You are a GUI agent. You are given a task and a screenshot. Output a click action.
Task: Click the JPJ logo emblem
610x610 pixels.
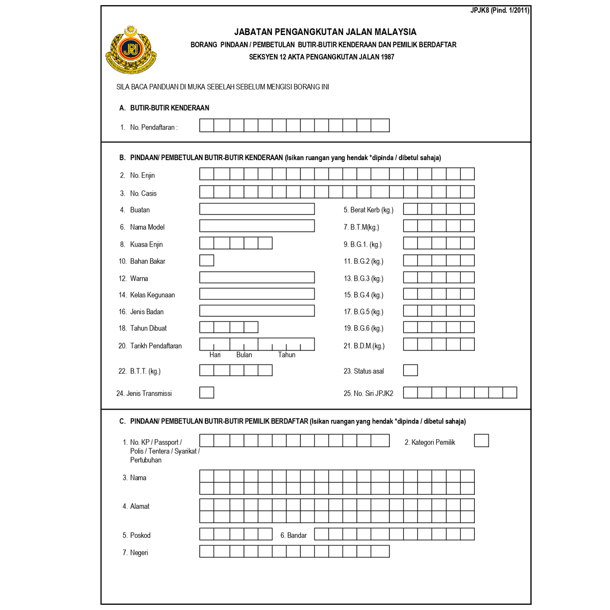click(131, 49)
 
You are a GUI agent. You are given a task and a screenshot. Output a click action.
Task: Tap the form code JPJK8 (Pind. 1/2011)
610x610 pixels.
click(500, 10)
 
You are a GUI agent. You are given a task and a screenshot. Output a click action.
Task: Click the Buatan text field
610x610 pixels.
click(257, 209)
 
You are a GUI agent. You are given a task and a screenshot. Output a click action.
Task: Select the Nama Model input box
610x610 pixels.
click(257, 226)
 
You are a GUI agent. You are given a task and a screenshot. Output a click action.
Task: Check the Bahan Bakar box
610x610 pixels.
click(206, 260)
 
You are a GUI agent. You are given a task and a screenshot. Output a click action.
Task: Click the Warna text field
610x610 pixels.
click(257, 277)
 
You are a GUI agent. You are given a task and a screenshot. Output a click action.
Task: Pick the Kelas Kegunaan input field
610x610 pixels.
click(257, 294)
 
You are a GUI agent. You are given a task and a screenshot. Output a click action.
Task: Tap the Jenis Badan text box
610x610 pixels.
click(257, 311)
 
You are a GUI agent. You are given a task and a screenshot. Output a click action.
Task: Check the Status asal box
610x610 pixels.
click(410, 370)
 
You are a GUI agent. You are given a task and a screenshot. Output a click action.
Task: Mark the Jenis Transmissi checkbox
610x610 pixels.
click(206, 392)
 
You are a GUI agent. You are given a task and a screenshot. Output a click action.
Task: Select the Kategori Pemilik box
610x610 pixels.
click(481, 441)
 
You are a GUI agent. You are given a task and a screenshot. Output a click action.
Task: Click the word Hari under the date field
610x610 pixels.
click(215, 355)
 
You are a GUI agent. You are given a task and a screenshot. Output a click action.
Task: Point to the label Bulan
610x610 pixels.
click(244, 355)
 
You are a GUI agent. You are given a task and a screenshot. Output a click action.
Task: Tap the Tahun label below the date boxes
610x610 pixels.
click(287, 355)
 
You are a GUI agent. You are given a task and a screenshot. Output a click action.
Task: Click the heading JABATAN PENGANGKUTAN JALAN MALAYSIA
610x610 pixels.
click(325, 32)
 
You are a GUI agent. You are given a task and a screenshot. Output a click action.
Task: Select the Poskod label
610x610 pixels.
click(140, 535)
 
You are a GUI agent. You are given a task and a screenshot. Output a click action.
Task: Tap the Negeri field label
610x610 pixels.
click(139, 553)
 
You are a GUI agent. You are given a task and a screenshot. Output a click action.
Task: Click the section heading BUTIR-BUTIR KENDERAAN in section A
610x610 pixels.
click(170, 108)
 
